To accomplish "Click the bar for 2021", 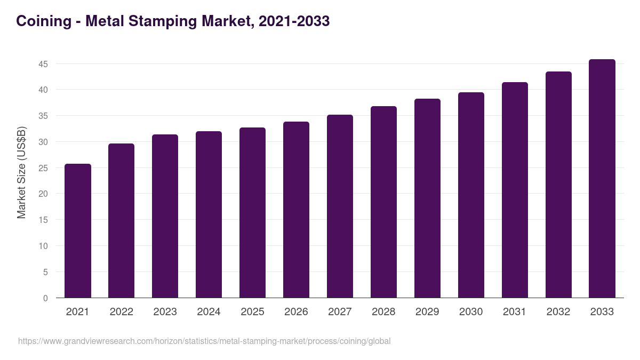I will tap(78, 231).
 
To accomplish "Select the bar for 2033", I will tap(602, 179).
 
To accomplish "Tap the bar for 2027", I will tap(340, 206).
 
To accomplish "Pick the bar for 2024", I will tap(209, 214).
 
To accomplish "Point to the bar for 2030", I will tap(471, 195).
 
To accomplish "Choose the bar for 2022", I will tap(121, 221).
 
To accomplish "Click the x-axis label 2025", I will tap(252, 312).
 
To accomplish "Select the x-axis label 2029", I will tap(427, 312).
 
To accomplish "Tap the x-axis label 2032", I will tap(558, 312).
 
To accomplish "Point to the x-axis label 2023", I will tap(165, 312).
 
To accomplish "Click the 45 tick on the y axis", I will tap(43, 64).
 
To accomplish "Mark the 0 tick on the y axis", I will tap(45, 298).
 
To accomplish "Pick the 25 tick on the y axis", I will tap(43, 168).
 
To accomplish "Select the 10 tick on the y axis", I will tap(43, 246).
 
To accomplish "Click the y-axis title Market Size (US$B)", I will tap(21, 172).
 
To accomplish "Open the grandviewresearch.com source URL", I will tap(204, 341).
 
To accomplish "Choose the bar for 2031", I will tap(515, 190).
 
